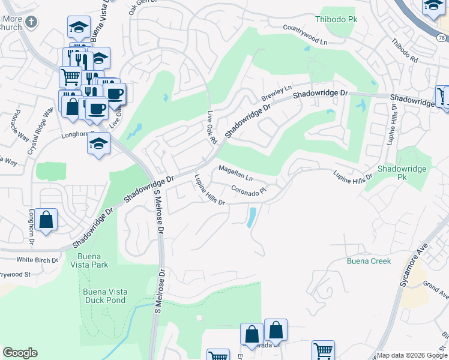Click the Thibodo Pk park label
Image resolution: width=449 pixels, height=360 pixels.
click(336, 20)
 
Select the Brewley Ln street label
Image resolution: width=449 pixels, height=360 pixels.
click(276, 93)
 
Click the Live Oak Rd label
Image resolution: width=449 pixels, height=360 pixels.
click(211, 128)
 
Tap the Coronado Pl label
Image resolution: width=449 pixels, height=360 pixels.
click(249, 191)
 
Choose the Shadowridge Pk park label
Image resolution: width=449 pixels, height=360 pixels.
click(402, 173)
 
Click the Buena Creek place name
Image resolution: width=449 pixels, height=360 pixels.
click(369, 261)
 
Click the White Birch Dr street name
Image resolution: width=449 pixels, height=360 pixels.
click(37, 260)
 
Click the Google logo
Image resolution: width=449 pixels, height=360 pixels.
click(20, 353)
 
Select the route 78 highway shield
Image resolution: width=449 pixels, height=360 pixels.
click(441, 37)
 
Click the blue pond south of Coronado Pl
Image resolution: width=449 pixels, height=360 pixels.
click(251, 217)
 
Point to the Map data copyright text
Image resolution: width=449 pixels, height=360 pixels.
click(412, 355)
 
